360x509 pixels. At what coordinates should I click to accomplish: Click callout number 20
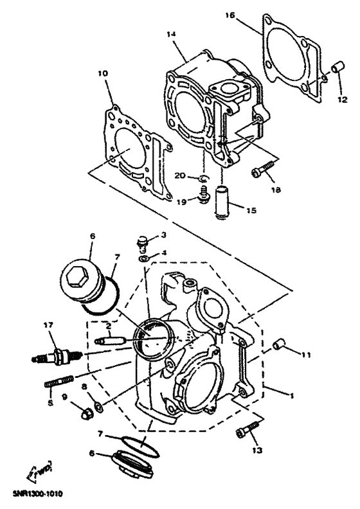point(181,175)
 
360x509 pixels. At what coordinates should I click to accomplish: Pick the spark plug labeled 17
point(55,355)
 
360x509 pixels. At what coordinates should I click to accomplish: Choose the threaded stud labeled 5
point(57,384)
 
